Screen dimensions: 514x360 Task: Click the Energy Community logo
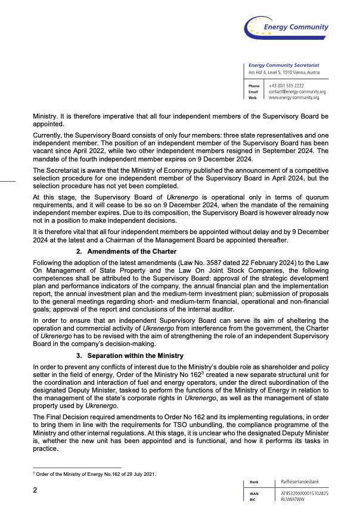tap(286, 26)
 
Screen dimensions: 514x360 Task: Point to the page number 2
tap(35, 490)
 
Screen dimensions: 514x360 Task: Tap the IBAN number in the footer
tap(304, 494)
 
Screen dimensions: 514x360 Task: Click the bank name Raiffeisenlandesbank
tap(300, 481)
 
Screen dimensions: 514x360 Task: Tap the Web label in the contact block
tap(253, 97)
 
